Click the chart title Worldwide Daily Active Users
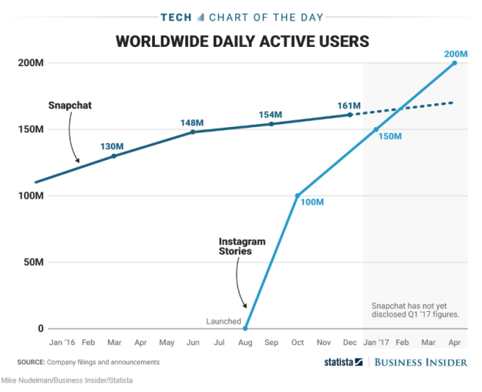tap(241, 41)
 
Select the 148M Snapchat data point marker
tap(193, 132)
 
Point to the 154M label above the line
tap(271, 115)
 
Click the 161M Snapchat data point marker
tap(350, 115)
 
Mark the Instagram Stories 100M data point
tap(297, 196)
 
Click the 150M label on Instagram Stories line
tap(392, 136)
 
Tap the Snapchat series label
tap(69, 104)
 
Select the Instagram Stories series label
tap(241, 246)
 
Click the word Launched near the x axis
tap(224, 321)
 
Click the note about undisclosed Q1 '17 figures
tap(416, 310)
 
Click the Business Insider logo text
tap(421, 362)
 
